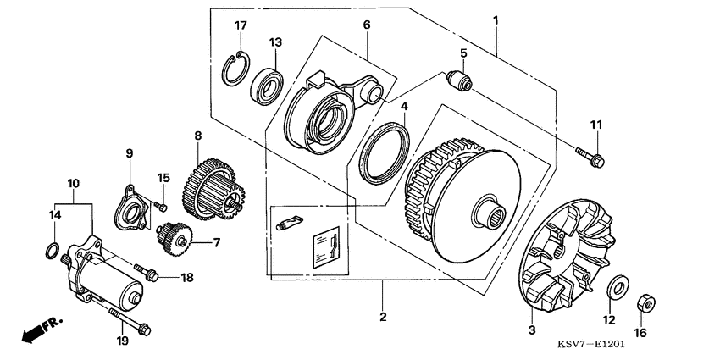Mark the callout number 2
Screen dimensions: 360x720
coord(383,317)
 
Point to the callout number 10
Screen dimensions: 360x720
coord(73,183)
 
